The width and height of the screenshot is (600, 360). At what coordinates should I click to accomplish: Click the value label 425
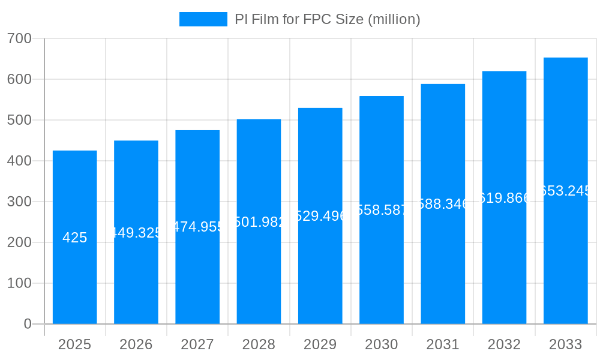(74, 238)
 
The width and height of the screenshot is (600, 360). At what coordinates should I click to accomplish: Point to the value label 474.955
(197, 227)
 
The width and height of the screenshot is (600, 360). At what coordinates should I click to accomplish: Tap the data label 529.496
(320, 216)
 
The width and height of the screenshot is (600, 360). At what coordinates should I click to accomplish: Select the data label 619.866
(504, 198)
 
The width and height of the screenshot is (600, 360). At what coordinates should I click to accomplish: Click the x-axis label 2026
(136, 344)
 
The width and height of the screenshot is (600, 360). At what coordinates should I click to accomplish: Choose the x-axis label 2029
(320, 344)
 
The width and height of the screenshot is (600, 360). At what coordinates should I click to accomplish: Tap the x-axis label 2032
(504, 344)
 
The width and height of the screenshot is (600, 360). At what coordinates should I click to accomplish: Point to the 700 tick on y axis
(19, 38)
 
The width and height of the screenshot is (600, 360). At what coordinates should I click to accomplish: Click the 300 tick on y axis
(19, 202)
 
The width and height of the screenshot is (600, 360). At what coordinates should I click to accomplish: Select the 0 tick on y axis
(27, 324)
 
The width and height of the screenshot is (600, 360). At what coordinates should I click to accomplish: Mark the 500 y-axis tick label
(19, 120)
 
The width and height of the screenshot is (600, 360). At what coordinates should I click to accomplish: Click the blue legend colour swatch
(203, 19)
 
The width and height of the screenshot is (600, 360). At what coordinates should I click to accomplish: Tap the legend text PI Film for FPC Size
(327, 19)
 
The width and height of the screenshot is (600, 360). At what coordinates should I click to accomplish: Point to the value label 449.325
(136, 233)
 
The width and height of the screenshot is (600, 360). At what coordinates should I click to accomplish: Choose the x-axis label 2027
(197, 344)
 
